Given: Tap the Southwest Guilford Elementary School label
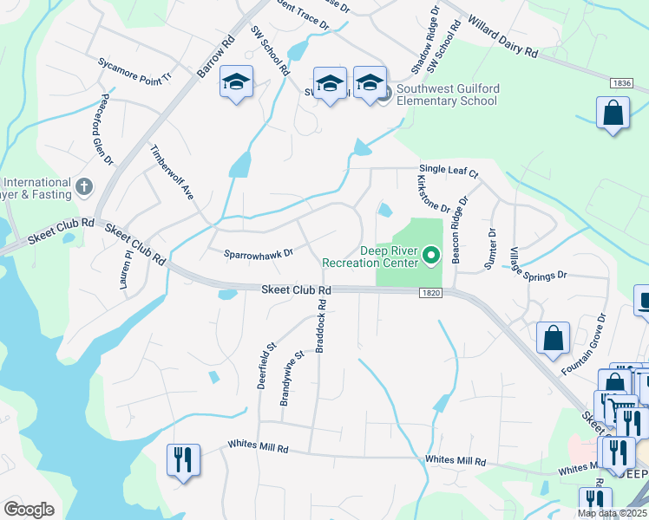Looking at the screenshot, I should point(447,94).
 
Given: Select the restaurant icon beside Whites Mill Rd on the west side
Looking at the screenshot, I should point(183,459).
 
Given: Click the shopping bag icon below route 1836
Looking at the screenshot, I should point(613,114).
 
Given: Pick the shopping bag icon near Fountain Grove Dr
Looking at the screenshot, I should point(553,339).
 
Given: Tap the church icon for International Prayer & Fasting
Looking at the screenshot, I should point(83,185).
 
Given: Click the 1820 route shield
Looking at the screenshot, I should point(433,294).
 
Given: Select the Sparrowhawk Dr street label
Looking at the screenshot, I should point(259,254).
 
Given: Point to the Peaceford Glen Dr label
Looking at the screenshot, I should point(107,129).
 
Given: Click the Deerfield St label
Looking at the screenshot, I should point(265,364).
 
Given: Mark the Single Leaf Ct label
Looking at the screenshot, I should point(449,172).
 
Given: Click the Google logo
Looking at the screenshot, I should point(29,510).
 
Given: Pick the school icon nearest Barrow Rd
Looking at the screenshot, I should point(236,83).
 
